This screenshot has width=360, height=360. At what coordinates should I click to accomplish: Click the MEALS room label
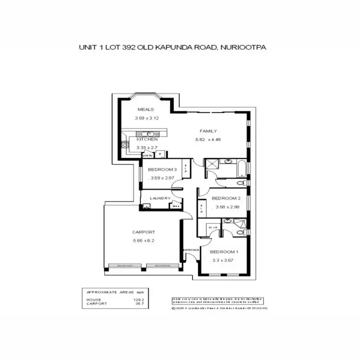click(x=145, y=109)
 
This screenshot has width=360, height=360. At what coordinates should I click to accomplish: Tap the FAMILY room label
click(x=209, y=131)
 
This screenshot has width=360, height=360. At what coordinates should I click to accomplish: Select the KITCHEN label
click(x=147, y=139)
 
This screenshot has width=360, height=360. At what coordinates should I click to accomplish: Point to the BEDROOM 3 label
click(x=162, y=169)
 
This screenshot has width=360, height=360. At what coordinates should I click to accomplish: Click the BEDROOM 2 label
click(x=225, y=198)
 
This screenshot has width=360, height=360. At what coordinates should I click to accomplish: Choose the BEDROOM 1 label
click(x=223, y=252)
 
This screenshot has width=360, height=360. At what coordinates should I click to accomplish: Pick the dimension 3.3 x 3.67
click(x=223, y=261)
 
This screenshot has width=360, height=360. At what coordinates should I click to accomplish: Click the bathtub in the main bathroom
click(x=241, y=168)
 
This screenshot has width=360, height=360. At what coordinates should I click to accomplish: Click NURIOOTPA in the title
click(x=250, y=48)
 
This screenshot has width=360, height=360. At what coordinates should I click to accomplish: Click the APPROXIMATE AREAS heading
click(x=108, y=292)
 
